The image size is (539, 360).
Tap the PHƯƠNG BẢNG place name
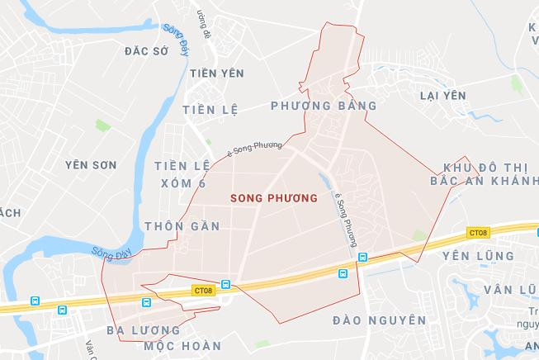coord(324,106)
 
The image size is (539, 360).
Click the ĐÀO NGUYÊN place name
coord(380,319)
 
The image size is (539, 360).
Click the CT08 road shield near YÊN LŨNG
coord(477,233)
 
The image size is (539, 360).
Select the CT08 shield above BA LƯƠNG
coord(203,290)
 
